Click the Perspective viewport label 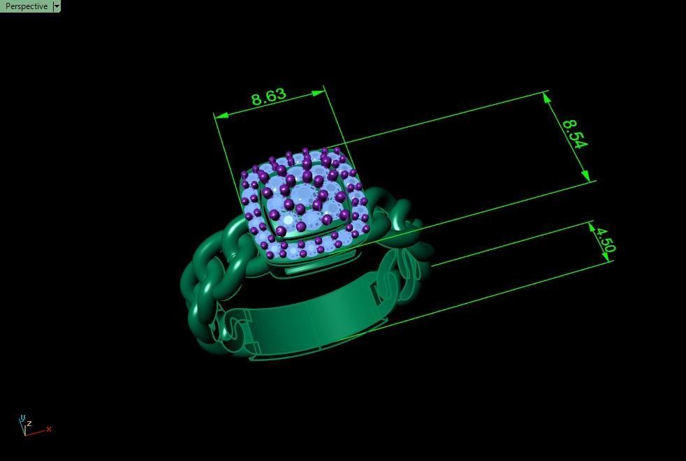pos(26,6)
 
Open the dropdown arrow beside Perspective pos(57,6)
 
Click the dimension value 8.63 pos(269,96)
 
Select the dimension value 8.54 pos(574,133)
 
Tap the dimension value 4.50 pos(605,238)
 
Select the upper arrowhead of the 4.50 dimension pos(592,226)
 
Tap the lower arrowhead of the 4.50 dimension pos(606,257)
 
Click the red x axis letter pos(49,429)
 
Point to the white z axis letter pos(29,423)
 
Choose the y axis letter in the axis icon pos(22,418)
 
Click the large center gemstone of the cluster pos(302,195)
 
